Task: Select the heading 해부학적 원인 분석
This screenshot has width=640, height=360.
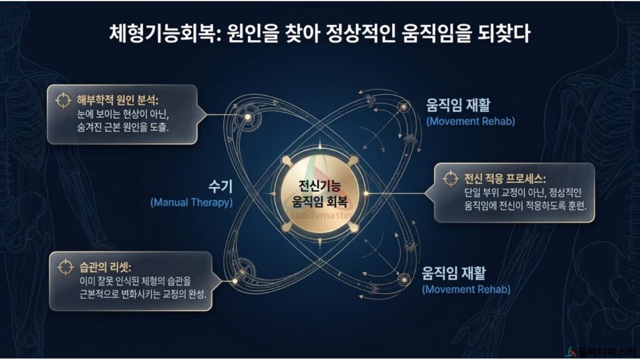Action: tap(117, 101)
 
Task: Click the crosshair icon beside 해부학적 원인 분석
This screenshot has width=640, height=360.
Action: tap(63, 101)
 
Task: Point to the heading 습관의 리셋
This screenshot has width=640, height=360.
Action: tap(105, 267)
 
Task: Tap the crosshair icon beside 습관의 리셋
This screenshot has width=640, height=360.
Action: tap(65, 267)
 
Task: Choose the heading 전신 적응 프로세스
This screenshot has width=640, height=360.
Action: tap(505, 179)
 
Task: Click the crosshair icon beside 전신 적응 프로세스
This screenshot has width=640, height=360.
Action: tap(451, 179)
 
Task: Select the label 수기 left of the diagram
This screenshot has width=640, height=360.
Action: tap(221, 186)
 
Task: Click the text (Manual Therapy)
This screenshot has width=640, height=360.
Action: tap(191, 202)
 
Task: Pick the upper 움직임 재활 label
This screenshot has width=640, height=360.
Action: tap(458, 105)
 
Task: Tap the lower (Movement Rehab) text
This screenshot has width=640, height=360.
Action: tap(466, 289)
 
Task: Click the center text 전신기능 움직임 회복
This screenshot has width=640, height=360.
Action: tap(319, 194)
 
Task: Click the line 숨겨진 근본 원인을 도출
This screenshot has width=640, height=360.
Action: tap(123, 127)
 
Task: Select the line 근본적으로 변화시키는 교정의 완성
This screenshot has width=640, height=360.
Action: tap(143, 294)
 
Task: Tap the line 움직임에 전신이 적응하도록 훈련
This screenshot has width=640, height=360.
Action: tap(525, 206)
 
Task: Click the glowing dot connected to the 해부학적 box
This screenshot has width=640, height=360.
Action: tap(247, 117)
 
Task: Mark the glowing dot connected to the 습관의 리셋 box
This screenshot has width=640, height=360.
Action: tap(235, 281)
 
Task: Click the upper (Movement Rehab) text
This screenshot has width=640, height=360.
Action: tap(471, 121)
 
